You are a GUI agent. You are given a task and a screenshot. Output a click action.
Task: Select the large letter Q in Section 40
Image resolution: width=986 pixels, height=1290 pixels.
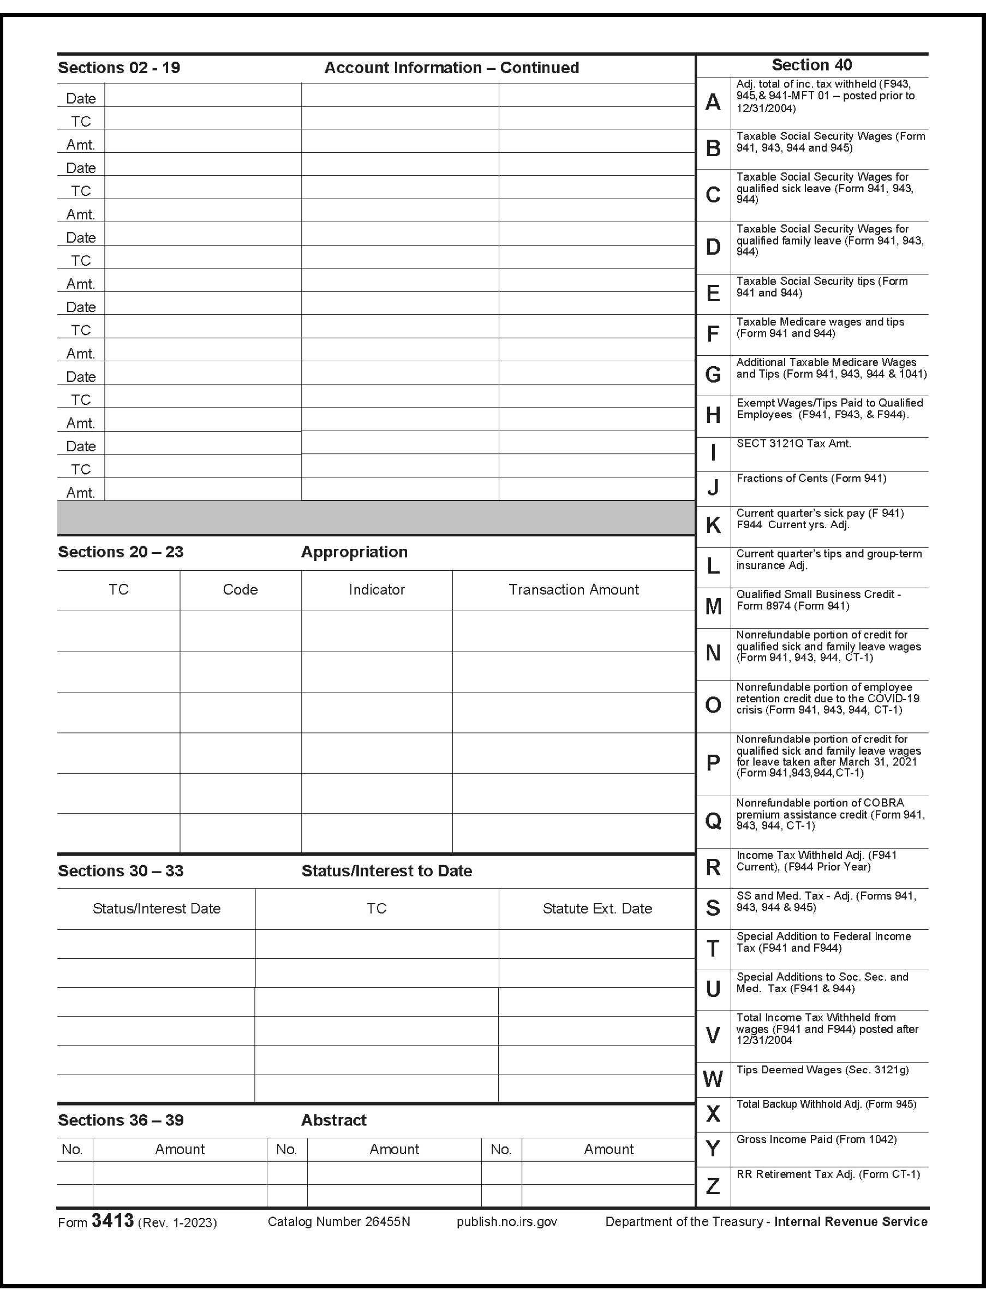[x=713, y=821]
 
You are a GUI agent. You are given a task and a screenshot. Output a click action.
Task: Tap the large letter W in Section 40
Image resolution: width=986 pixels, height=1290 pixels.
[x=713, y=1079]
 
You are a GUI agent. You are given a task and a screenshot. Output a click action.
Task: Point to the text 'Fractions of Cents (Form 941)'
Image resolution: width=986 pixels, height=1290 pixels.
[x=811, y=479]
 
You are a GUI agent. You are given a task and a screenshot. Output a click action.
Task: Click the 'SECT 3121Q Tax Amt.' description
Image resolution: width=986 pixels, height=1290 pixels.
[x=793, y=444]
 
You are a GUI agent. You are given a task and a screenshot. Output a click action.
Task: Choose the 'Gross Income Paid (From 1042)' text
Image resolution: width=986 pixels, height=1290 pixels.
[x=816, y=1139]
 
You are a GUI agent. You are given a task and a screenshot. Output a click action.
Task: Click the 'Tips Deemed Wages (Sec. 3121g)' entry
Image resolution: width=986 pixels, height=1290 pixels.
[x=822, y=1070]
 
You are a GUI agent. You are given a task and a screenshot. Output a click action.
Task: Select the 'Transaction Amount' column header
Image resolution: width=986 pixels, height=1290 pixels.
[x=573, y=590]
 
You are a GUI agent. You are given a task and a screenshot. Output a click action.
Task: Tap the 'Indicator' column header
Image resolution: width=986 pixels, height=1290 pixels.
[x=377, y=590]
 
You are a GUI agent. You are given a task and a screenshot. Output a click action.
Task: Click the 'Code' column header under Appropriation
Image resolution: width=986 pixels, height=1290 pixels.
[x=240, y=590]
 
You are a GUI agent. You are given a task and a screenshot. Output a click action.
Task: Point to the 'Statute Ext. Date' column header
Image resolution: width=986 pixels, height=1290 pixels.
[x=597, y=909]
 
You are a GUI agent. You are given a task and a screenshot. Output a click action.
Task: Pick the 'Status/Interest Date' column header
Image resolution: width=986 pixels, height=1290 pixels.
[x=157, y=909]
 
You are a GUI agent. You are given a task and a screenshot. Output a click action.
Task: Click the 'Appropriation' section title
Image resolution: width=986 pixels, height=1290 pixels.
[x=354, y=552]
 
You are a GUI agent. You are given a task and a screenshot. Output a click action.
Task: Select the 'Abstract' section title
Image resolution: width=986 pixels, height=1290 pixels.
[x=333, y=1120]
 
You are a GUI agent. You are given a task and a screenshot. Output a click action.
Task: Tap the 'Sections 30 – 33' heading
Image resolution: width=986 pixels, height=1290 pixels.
[x=120, y=871]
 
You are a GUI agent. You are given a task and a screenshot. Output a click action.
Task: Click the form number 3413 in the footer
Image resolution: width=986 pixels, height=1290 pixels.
[x=113, y=1221]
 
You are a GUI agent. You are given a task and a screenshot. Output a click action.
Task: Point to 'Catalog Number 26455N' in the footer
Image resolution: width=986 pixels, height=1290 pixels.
[x=339, y=1222]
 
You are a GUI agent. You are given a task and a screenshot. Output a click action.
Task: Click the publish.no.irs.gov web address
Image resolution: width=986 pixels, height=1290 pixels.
[x=506, y=1222]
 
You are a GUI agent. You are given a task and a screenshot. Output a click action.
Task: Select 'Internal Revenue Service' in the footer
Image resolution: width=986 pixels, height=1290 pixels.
[x=851, y=1222]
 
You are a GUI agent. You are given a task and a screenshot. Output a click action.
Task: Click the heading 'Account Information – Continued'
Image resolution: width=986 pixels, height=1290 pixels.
[x=451, y=68]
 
